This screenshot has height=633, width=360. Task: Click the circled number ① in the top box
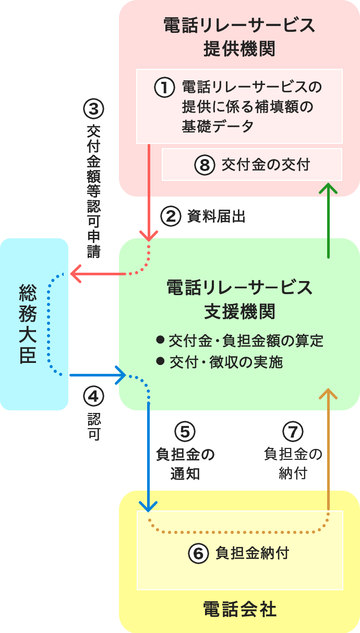(164, 87)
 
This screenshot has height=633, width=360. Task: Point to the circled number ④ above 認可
(94, 397)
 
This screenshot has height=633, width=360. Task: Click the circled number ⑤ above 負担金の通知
(185, 431)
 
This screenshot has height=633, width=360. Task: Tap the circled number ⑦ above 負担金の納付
(293, 431)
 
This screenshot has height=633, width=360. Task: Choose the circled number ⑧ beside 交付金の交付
(205, 165)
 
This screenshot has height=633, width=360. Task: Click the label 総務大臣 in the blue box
(27, 323)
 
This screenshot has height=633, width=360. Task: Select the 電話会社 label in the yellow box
(239, 609)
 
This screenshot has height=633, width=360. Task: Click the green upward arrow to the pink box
(329, 219)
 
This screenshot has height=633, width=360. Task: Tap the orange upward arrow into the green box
(329, 443)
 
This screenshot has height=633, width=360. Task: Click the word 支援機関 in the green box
(239, 312)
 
